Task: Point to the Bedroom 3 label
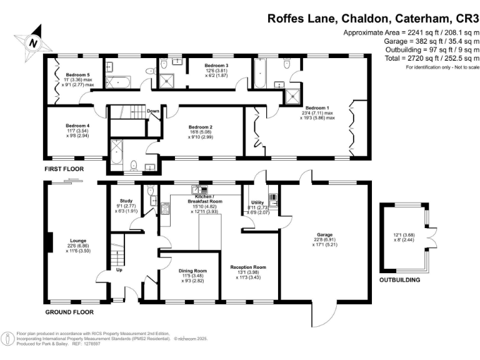[213, 65]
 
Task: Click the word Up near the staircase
[119, 270]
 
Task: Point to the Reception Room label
[248, 267]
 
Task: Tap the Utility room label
[257, 203]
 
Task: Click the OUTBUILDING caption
[400, 280]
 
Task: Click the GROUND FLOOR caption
[69, 311]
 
